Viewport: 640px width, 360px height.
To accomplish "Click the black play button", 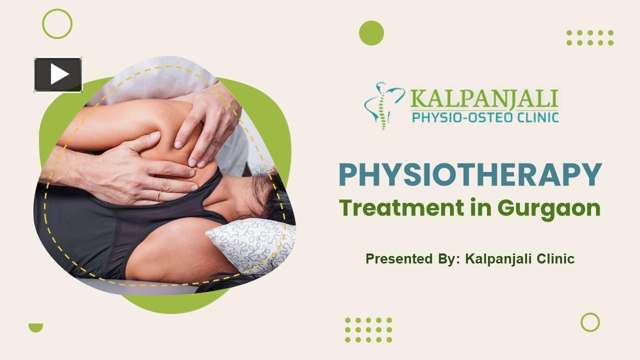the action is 58,74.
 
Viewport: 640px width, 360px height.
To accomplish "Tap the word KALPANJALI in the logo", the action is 484,99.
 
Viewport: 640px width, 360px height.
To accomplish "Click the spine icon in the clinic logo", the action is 383,106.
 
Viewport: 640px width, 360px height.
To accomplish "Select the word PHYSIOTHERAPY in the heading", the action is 470,174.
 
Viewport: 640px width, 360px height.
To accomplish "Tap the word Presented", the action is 399,258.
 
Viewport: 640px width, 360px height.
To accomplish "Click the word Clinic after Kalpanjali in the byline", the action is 555,258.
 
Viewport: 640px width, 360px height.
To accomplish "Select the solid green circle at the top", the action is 371,33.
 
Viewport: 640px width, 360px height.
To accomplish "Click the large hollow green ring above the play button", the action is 57,10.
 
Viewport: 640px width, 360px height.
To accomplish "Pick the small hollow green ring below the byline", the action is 590,314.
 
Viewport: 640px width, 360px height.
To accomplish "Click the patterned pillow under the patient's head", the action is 251,244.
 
